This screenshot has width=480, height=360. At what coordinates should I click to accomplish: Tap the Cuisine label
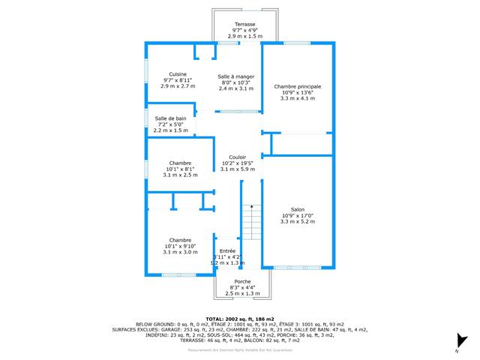(x=178, y=73)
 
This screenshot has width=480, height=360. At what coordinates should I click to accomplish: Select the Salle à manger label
(x=236, y=76)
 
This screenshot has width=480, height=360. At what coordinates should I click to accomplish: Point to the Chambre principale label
(x=298, y=86)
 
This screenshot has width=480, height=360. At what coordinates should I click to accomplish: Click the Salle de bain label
(x=171, y=118)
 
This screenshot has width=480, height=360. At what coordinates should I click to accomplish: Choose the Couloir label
(x=238, y=157)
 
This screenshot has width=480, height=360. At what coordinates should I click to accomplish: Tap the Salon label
(x=298, y=209)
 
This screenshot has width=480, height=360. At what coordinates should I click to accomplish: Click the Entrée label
(x=227, y=251)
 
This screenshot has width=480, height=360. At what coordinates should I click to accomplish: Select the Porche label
(x=242, y=281)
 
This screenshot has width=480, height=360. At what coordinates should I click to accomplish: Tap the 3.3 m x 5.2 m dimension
(x=298, y=221)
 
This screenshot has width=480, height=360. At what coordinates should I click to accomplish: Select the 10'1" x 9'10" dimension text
(x=180, y=246)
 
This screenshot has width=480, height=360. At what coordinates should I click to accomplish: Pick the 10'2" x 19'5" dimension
(x=238, y=163)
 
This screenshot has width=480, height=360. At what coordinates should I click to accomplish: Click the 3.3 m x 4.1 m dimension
(x=298, y=98)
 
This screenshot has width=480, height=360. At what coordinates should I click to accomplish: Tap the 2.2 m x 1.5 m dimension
(x=171, y=130)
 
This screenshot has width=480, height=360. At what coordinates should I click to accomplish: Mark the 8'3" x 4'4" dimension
(x=242, y=287)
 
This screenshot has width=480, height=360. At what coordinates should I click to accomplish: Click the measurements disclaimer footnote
(x=240, y=349)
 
